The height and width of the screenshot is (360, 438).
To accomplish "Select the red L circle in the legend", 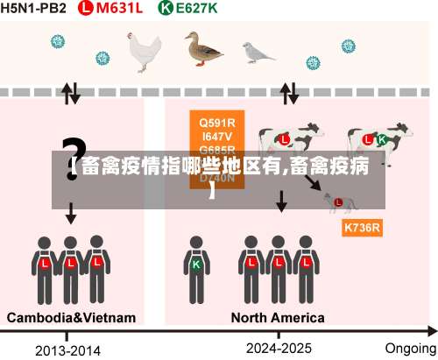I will point(85,9).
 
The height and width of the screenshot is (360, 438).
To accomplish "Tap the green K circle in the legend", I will point(165,9).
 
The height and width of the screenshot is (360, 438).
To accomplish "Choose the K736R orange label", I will point(362,228).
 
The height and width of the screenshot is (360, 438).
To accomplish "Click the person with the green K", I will point(197,264).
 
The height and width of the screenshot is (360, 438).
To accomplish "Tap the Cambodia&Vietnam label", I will point(72,316).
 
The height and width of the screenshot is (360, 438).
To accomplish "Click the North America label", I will point(278,316).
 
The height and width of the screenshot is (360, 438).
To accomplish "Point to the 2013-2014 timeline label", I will point(68,349).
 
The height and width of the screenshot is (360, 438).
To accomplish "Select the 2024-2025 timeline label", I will point(279,348).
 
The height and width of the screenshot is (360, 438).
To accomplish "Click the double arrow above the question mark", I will point(70,92).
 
